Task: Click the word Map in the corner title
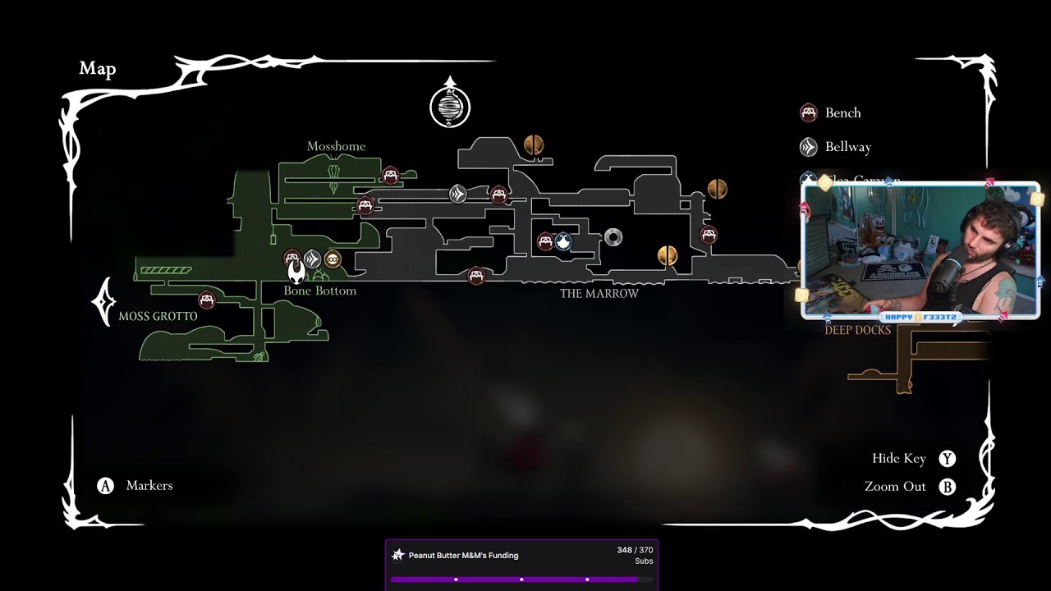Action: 98,69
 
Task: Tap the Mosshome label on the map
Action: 336,146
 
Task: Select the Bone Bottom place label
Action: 319,291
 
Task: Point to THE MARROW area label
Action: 599,293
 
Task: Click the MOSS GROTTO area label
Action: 158,316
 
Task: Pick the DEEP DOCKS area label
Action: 857,330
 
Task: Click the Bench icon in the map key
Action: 809,112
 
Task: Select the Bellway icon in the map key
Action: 809,147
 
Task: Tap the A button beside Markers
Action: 105,486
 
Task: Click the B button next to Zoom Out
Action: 948,487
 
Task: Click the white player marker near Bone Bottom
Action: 296,271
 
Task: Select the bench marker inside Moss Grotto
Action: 206,300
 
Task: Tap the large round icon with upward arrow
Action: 450,106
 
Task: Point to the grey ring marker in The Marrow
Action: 613,237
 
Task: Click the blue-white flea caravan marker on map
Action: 563,241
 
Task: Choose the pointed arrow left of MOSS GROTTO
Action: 103,302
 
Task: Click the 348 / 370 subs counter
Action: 635,550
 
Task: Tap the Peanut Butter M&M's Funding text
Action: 463,556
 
